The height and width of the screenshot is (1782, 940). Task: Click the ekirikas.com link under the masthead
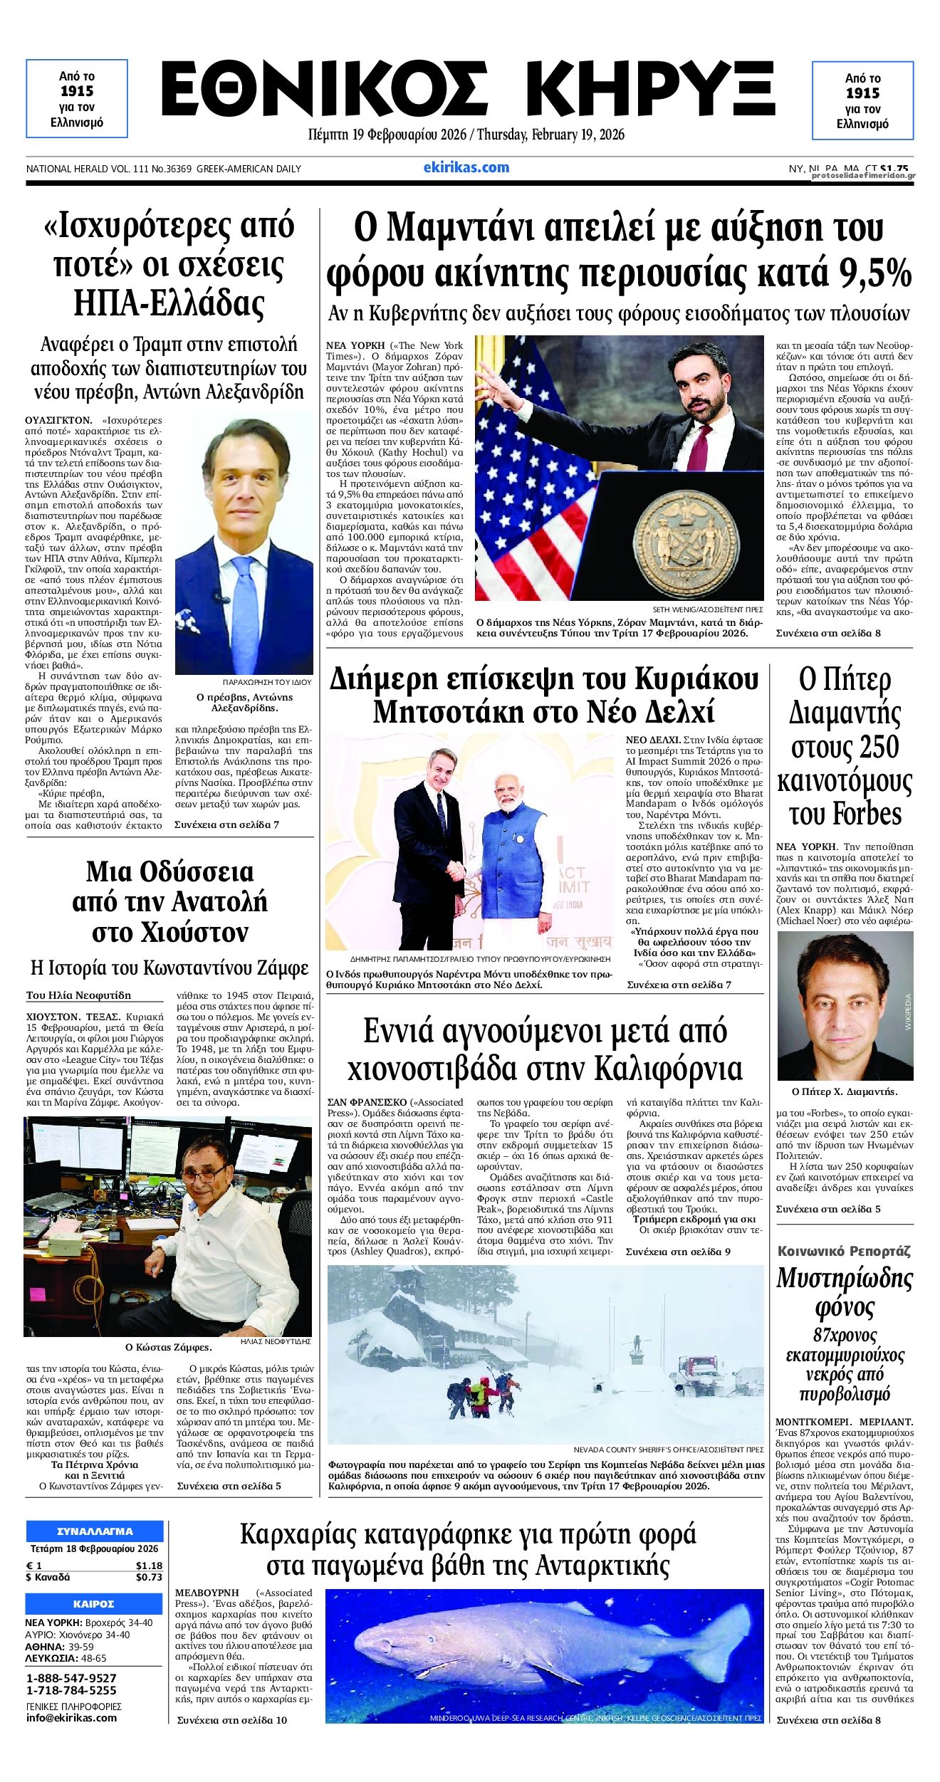pyautogui.click(x=466, y=167)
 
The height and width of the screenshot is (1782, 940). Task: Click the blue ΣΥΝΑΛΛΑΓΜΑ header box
pyautogui.click(x=94, y=1531)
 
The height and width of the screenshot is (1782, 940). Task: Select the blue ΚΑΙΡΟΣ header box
pyautogui.click(x=94, y=1603)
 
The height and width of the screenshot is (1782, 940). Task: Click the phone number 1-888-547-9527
pyautogui.click(x=71, y=1677)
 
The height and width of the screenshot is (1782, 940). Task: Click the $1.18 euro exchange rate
pyautogui.click(x=149, y=1566)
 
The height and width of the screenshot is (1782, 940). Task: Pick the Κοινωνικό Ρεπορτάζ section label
pyautogui.click(x=844, y=1251)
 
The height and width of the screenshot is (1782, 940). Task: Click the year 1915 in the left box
pyautogui.click(x=77, y=91)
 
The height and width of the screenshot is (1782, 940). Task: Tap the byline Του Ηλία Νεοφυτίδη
pyautogui.click(x=78, y=995)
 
